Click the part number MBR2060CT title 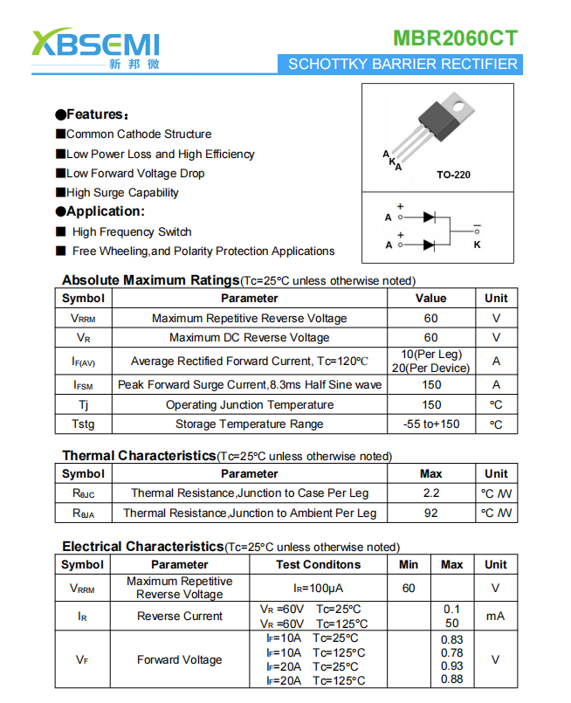click(455, 38)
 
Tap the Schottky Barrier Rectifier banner click(402, 64)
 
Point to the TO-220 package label click(453, 175)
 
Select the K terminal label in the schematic click(477, 245)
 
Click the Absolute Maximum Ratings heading click(149, 280)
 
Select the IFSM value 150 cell click(431, 384)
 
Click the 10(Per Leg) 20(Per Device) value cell click(431, 361)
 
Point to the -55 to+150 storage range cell click(431, 424)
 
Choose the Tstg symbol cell click(84, 424)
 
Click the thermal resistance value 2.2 click(431, 493)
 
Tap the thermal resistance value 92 click(431, 513)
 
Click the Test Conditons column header click(318, 564)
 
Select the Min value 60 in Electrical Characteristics click(409, 588)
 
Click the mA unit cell click(495, 616)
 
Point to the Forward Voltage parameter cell click(180, 659)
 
